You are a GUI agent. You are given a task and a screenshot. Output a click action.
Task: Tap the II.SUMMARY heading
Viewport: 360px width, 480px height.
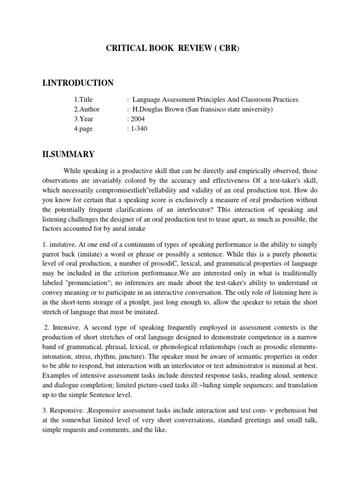[68, 154]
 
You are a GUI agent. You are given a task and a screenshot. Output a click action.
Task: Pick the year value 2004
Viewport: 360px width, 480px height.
[139, 119]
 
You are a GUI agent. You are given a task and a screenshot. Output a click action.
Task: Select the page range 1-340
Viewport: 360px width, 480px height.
[139, 129]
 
